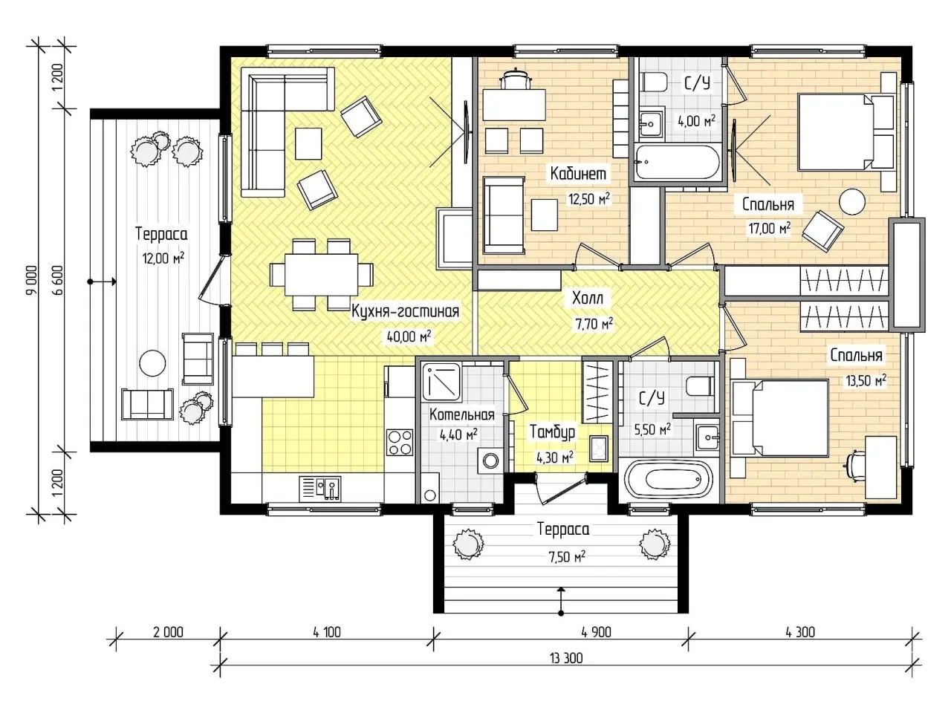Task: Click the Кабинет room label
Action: click(x=578, y=174)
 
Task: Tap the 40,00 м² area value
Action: click(x=409, y=336)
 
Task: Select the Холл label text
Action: click(x=588, y=299)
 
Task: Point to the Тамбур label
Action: click(x=553, y=432)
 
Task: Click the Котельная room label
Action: click(x=462, y=414)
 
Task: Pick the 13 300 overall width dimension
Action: click(x=566, y=659)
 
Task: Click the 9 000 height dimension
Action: click(x=32, y=280)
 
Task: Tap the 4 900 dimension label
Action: click(x=596, y=633)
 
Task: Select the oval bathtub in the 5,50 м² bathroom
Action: click(x=669, y=480)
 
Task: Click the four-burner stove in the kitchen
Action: click(x=400, y=442)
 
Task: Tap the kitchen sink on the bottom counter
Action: click(x=320, y=488)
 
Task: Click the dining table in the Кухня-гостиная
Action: click(x=321, y=275)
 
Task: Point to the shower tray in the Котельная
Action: click(x=441, y=382)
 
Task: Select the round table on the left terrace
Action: click(x=152, y=364)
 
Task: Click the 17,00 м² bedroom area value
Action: click(x=770, y=228)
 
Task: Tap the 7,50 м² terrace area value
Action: click(x=567, y=557)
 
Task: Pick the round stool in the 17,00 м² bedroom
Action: click(x=851, y=201)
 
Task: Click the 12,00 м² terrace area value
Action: click(x=163, y=258)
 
